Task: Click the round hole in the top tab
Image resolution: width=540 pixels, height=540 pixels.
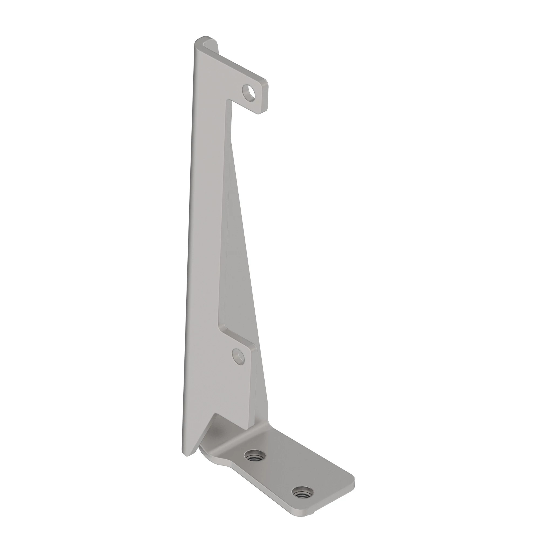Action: click(x=248, y=92)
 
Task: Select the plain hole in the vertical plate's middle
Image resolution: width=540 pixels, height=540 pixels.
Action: click(x=238, y=357)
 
